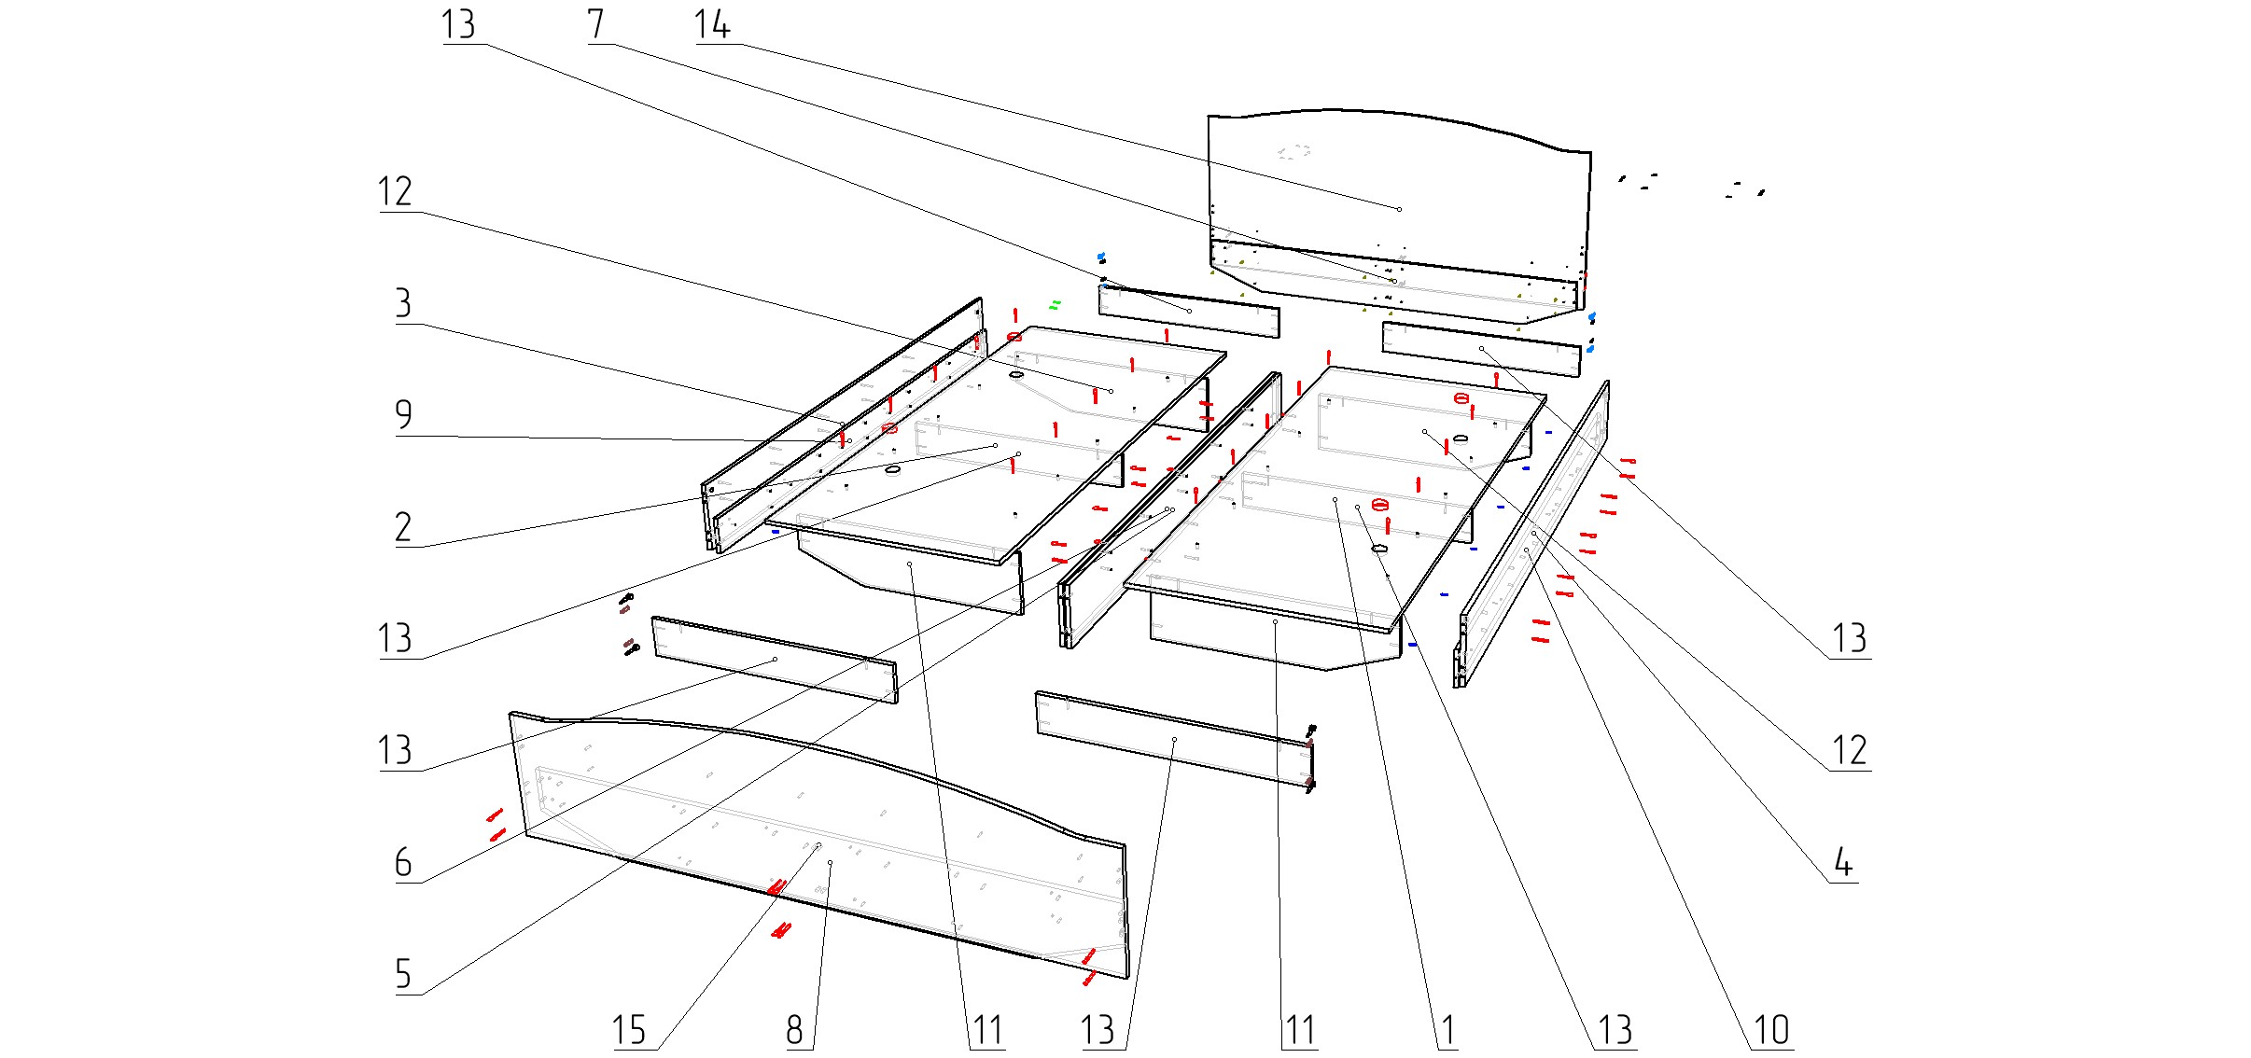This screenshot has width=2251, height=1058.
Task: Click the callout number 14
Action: coord(712,25)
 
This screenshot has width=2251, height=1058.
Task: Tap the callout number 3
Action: coord(403,305)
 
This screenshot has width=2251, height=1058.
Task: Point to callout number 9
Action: coord(403,415)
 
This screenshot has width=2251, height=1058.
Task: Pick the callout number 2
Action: coord(403,528)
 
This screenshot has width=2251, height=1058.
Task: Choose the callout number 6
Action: coord(403,863)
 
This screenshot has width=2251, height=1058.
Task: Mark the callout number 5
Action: coord(403,975)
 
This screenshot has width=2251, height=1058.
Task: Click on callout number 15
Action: coord(629,1031)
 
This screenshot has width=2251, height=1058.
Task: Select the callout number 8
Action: coord(794,1031)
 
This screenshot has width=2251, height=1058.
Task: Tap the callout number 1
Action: coord(1447,1031)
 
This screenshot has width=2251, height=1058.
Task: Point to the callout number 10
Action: coord(1772,1031)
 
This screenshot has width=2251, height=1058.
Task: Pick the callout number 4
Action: coord(1843,863)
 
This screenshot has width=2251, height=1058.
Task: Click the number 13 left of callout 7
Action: coord(458,25)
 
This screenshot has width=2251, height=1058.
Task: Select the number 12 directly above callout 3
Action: coord(395,192)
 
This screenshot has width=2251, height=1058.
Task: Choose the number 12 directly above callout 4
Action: coord(1850,751)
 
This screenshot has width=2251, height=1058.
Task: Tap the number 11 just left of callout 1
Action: coord(1300,1031)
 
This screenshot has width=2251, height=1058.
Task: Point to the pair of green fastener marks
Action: coord(1056,303)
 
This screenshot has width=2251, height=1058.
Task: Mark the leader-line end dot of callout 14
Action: coord(1400,209)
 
